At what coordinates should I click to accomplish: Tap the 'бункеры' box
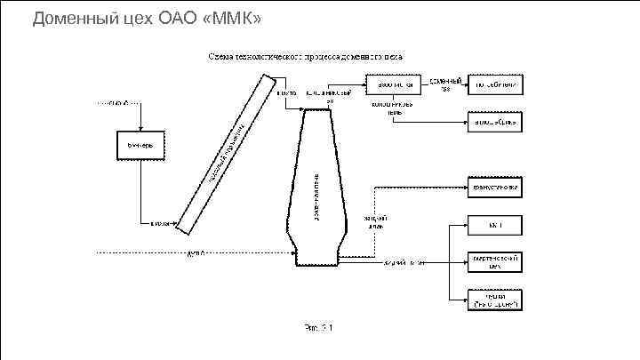click(140, 145)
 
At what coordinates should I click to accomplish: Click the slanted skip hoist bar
click(222, 152)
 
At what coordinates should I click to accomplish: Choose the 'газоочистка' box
click(391, 84)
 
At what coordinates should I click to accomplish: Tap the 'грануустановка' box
click(495, 188)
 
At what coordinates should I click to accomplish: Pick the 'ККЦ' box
click(495, 226)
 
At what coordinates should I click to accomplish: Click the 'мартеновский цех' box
click(495, 261)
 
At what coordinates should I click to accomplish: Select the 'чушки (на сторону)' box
click(495, 300)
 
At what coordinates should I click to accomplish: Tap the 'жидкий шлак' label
click(375, 224)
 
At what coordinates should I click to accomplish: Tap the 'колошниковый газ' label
click(329, 95)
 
